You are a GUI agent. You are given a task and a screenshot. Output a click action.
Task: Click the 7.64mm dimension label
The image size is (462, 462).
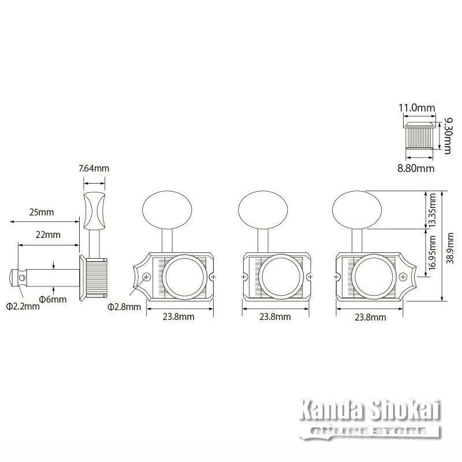pos(94,168)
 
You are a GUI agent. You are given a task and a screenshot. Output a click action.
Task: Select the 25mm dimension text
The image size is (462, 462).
pos(42,212)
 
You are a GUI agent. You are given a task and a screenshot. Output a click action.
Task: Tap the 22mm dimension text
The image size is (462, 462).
pos(48,235)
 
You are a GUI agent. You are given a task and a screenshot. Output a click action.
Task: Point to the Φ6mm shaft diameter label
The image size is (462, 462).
pos(53,300)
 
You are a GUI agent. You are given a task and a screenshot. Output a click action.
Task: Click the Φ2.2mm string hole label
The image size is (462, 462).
pos(23,307)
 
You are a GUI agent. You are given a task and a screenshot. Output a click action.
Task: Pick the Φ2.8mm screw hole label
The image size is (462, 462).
pos(124,307)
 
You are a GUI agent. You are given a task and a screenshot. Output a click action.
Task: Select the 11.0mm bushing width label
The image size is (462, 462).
pos(417,108)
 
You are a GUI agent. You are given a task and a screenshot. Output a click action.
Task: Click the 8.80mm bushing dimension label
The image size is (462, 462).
pos(416,169)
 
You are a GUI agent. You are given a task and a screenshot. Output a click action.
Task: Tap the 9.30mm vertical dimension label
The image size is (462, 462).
pos(448,136)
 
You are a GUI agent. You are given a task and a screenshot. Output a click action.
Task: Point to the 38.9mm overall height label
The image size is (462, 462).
pos(450,248)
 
